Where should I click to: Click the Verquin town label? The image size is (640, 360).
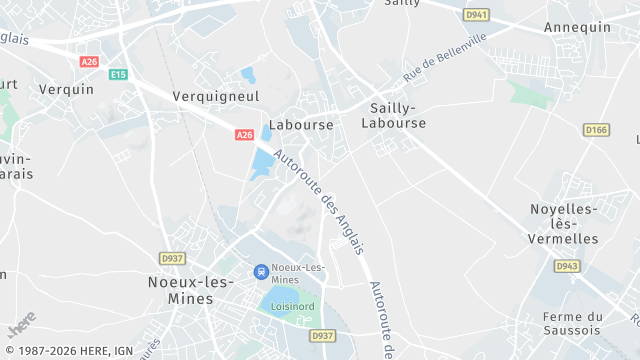tap(66, 89)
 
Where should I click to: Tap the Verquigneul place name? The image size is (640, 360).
tap(216, 96)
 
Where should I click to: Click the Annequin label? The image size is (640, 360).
tap(577, 27)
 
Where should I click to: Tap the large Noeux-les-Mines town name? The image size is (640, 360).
tap(180, 290)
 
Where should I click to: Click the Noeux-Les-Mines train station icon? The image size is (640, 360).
tap(261, 271)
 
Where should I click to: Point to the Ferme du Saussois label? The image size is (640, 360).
tap(572, 324)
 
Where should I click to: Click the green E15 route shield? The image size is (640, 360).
tap(119, 75)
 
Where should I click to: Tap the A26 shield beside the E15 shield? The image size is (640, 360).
tap(90, 62)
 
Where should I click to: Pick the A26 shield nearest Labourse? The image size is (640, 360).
tap(245, 134)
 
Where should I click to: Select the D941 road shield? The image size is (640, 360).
tap(475, 15)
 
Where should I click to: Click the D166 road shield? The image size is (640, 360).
tap(596, 130)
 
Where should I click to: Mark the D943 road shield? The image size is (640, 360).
tap(567, 266)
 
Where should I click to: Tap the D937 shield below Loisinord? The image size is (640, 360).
tap(322, 336)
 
